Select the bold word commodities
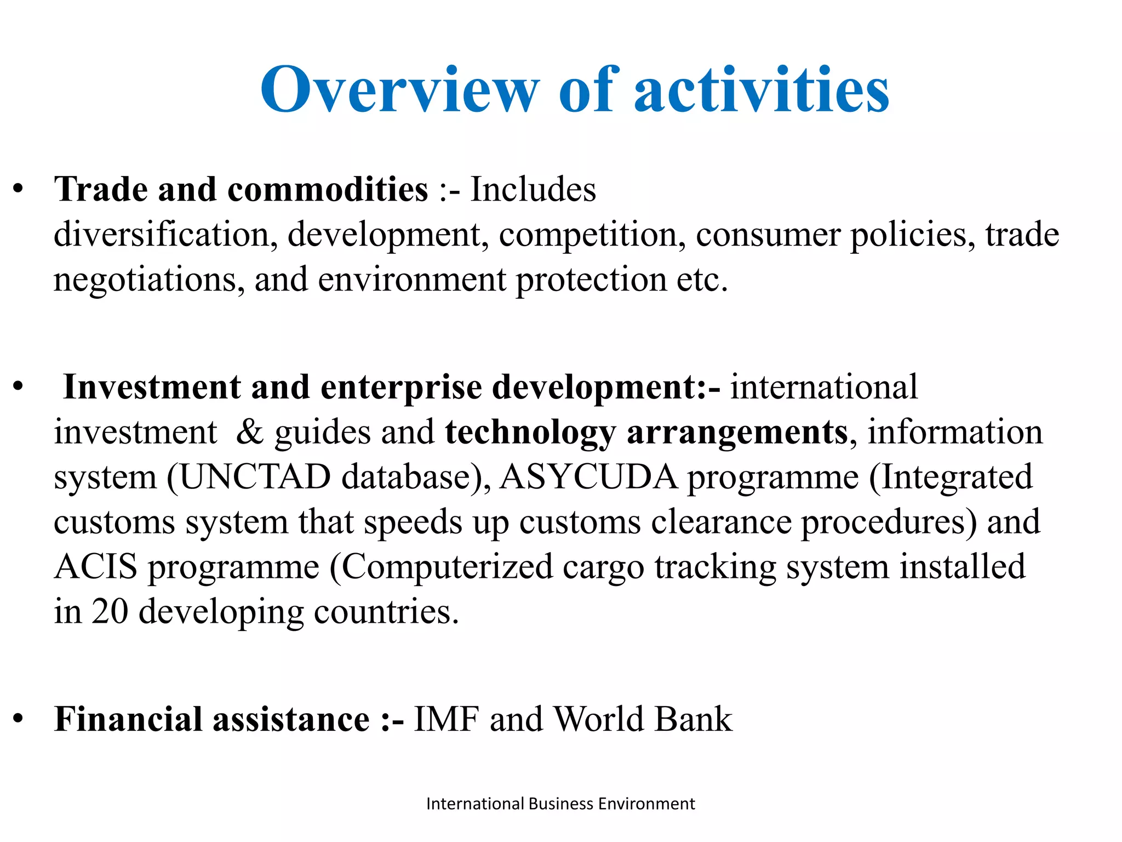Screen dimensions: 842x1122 point(328,190)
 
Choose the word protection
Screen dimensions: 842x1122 point(591,280)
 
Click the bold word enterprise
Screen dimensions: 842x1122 point(401,388)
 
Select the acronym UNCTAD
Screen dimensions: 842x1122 point(255,477)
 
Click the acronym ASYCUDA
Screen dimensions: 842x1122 point(588,477)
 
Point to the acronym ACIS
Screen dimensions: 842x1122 point(95,567)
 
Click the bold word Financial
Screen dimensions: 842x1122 point(128,719)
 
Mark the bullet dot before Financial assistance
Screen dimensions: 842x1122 point(19,718)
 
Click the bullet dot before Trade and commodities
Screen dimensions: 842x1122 point(19,189)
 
